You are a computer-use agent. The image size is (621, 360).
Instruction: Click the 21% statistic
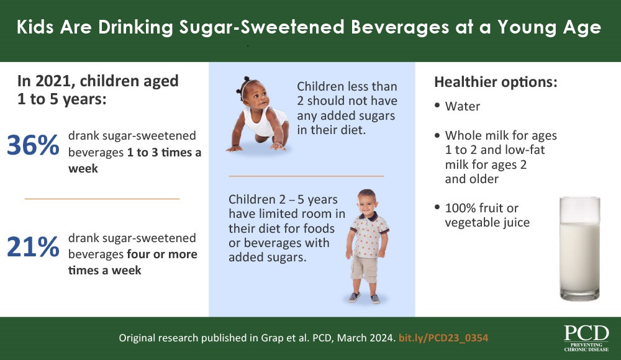tap(33, 246)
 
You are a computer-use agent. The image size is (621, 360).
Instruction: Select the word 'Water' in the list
tap(462, 106)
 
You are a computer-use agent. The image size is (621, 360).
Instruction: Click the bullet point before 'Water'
tap(438, 106)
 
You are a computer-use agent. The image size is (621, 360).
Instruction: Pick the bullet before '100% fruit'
tap(438, 207)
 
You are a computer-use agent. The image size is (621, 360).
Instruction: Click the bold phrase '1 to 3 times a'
tap(165, 153)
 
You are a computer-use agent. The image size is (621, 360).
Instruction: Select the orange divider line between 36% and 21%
tap(102, 199)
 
